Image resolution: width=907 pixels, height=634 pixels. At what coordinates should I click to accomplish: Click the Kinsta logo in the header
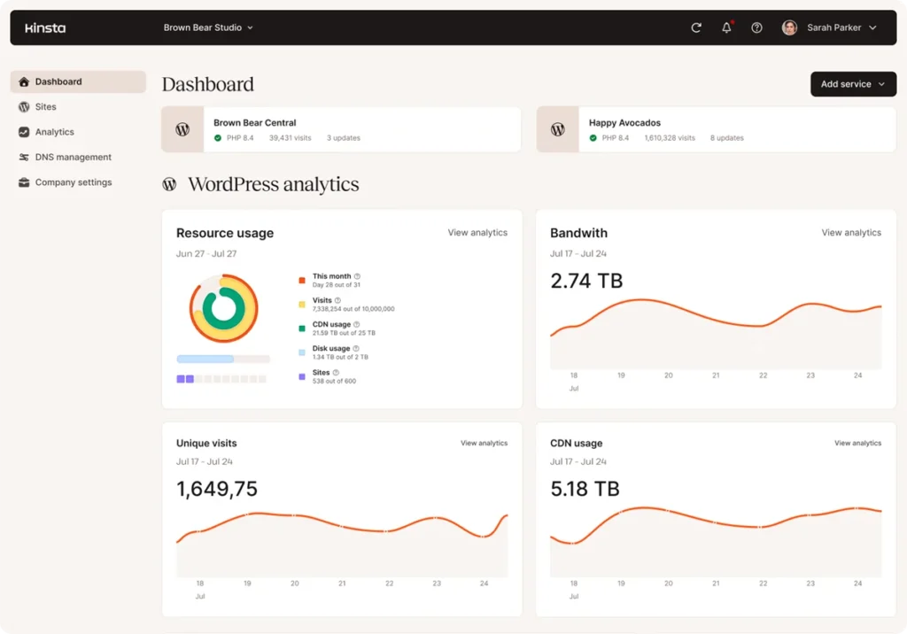[x=44, y=27]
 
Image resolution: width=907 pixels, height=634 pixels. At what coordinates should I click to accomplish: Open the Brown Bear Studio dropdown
[x=208, y=27]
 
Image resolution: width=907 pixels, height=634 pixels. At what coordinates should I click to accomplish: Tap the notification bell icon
[x=726, y=27]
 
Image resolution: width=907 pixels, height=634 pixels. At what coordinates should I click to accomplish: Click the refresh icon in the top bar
[x=696, y=27]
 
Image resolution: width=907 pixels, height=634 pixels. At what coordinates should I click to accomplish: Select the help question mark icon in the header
[x=756, y=27]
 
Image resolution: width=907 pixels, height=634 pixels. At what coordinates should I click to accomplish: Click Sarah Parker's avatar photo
[x=789, y=27]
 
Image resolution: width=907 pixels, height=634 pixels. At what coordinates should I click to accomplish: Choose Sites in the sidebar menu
[x=45, y=107]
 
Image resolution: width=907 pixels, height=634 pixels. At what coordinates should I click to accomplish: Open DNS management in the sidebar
[x=73, y=158]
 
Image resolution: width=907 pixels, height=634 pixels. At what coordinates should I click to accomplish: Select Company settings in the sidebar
[x=73, y=182]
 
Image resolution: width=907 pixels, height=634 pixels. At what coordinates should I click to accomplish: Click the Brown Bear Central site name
[x=255, y=123]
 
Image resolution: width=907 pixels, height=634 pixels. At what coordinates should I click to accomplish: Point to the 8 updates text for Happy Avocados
[x=726, y=138]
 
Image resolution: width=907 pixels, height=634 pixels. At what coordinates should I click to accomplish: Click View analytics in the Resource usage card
[x=477, y=233]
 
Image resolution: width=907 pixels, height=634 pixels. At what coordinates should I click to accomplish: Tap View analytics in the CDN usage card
[x=857, y=443]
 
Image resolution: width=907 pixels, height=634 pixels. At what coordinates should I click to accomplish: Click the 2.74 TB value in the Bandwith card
[x=586, y=282]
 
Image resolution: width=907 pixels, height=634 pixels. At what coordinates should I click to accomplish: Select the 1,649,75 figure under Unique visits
[x=217, y=489]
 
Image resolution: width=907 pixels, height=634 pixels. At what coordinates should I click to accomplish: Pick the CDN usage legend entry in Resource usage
[x=331, y=325]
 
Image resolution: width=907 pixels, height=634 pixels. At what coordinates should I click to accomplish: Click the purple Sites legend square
[x=302, y=376]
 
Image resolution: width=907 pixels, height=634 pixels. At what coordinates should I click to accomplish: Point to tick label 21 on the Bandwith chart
[x=716, y=375]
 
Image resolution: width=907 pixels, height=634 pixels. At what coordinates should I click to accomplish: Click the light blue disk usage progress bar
[x=205, y=360]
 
